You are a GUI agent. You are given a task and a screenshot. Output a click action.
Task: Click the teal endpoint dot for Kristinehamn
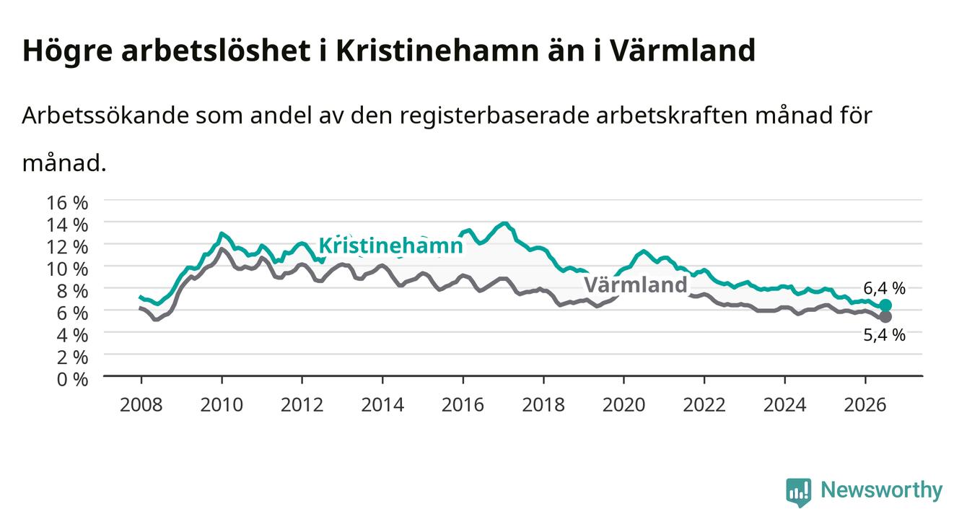[885, 305]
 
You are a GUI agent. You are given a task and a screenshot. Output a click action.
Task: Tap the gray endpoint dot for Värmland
[885, 317]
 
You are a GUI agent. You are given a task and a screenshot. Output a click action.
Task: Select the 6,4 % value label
[884, 288]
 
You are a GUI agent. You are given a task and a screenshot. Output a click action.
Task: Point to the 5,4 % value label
[884, 335]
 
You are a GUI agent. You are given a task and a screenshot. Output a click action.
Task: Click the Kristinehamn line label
[390, 246]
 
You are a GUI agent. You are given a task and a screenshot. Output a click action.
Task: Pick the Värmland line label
[636, 285]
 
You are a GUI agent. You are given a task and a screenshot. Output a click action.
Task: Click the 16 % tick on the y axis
[67, 203]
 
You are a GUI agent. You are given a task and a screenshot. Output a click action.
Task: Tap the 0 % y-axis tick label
[72, 379]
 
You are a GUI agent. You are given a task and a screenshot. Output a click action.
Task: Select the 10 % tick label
[67, 269]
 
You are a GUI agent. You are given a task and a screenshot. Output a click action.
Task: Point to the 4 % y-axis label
[72, 335]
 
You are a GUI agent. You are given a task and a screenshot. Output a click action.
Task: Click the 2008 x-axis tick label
[141, 405]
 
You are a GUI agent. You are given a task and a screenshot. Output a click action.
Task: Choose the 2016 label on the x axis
[463, 405]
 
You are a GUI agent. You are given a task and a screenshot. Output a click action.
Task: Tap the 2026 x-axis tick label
[865, 405]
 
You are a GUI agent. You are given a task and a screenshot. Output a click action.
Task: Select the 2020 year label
[623, 405]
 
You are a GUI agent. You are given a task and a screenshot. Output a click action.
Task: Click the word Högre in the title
[67, 51]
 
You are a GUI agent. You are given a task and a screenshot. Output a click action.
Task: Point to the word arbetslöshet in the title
[216, 50]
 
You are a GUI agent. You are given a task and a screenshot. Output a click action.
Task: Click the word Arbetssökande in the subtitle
[105, 116]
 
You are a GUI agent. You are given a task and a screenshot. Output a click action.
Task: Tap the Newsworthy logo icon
[799, 492]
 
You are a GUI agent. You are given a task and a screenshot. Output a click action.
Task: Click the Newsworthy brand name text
[882, 490]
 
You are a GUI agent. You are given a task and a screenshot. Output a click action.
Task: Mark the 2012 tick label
[302, 405]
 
